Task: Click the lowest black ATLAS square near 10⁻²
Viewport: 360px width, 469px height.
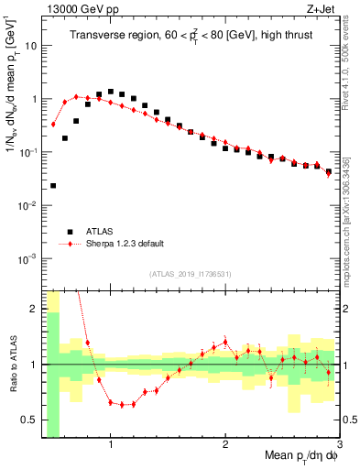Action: [53, 186]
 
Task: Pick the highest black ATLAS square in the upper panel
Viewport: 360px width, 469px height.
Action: [111, 92]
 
